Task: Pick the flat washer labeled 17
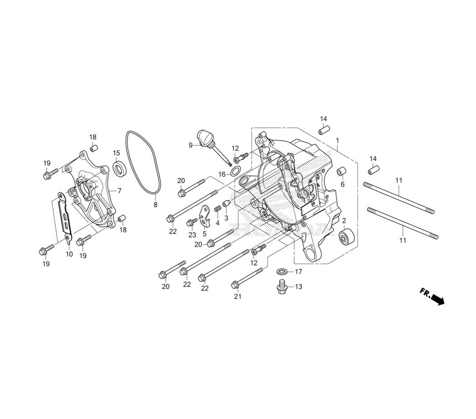point(283,271)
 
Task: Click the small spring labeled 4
point(218,209)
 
